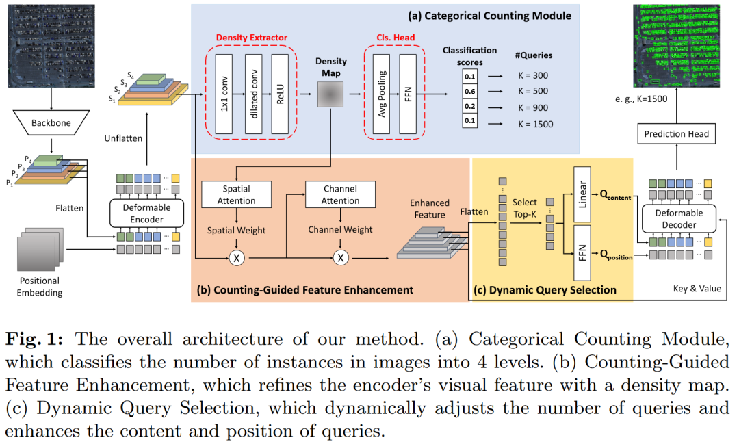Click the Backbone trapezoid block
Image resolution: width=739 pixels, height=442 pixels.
51,123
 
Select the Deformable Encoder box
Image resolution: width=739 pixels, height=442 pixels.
146,213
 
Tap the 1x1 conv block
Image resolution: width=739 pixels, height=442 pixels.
224,94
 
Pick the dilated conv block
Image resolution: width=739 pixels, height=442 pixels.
254,94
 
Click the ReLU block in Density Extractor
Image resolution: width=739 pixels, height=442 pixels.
280,94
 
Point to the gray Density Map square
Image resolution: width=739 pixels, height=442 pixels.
330,94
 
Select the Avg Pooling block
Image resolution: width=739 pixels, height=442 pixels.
381,94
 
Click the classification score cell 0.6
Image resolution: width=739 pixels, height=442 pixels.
470,92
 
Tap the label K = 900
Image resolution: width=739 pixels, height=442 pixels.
533,108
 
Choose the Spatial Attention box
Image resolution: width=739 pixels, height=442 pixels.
236,194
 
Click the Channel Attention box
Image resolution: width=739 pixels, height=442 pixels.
340,194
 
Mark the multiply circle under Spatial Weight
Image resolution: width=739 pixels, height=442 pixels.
237,258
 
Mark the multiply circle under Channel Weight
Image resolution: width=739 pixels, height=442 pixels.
341,258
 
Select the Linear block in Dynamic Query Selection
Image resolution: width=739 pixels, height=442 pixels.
582,194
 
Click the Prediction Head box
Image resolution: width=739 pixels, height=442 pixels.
676,134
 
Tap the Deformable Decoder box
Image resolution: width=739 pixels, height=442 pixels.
679,219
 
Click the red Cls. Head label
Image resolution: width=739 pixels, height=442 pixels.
396,37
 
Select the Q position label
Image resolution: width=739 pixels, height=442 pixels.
616,255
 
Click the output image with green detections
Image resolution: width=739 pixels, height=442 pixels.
676,46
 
